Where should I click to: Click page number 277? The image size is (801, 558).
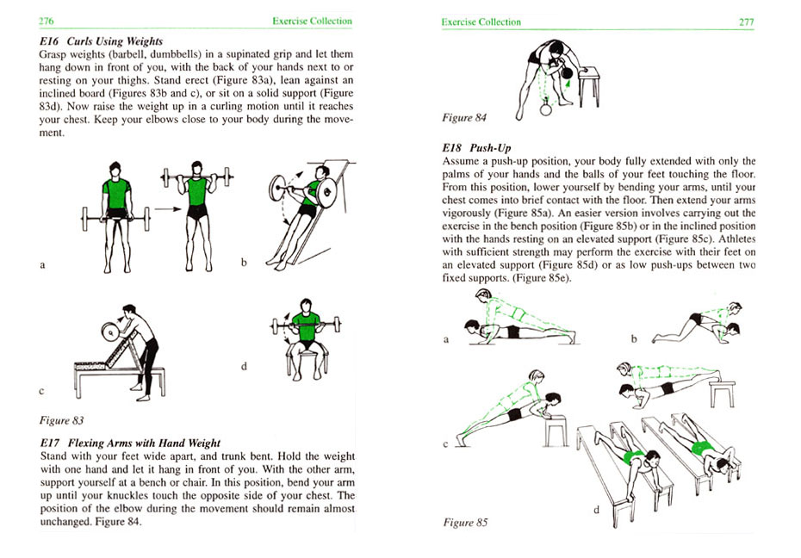pos(746,22)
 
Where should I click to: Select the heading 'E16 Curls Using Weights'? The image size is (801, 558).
pos(102,40)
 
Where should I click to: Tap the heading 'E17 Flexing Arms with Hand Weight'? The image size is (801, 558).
pos(130,443)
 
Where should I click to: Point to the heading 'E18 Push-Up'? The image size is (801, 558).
pos(476,148)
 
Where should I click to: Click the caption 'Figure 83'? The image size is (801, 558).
pos(62,420)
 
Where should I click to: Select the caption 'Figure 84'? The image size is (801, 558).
pos(463,117)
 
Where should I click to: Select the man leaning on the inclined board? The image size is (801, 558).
pos(303,209)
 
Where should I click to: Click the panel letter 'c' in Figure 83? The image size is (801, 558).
pos(41,392)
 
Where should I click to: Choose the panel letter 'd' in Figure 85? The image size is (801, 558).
pos(595,510)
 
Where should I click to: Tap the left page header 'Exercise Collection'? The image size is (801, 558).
pos(312,21)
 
